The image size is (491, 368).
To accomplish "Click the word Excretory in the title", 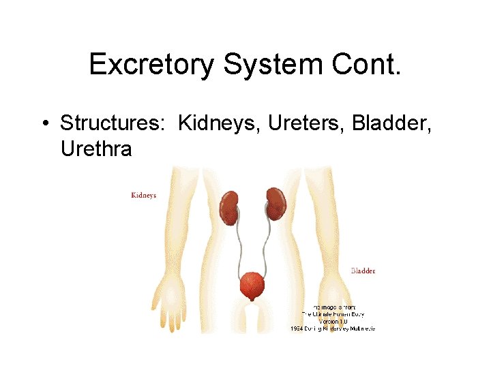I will pyautogui.click(x=149, y=65).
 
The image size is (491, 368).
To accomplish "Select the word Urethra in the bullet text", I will pyautogui.click(x=96, y=148).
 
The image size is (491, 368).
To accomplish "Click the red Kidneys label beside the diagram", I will pyautogui.click(x=143, y=196).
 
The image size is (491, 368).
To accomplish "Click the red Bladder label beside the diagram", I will pyautogui.click(x=363, y=271).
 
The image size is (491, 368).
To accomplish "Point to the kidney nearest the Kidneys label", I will pyautogui.click(x=229, y=207).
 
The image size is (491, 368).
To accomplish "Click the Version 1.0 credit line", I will pyautogui.click(x=333, y=321).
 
